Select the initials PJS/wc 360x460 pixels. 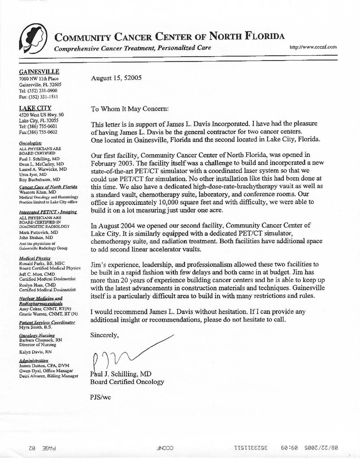pos(101,397)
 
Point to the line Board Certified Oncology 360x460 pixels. pos(127,382)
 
